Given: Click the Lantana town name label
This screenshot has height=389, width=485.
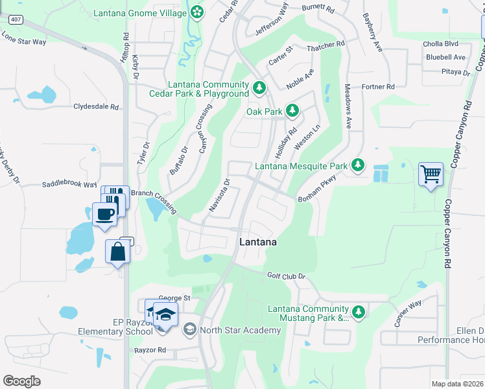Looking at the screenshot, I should click(258, 242).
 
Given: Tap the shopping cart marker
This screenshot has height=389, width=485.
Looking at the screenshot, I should click(431, 174).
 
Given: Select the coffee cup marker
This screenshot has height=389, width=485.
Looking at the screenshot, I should click(104, 213).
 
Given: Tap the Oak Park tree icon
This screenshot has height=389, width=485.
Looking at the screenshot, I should click(292, 112).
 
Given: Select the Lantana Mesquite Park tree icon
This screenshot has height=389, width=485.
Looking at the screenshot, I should click(357, 166).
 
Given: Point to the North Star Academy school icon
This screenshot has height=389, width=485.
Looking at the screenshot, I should click(189, 330).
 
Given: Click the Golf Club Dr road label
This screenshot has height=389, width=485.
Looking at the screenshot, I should click(286, 276).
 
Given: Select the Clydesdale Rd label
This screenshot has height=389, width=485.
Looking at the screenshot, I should click(97, 106).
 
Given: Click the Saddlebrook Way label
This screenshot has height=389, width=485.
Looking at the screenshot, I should click(69, 184).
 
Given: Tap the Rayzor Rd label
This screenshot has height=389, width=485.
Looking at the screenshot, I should click(150, 350).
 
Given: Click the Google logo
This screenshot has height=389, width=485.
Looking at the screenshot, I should click(22, 381).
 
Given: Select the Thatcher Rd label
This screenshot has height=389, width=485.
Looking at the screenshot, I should click(325, 44).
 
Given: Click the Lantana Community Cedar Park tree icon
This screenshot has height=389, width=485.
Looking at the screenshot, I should click(259, 87).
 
